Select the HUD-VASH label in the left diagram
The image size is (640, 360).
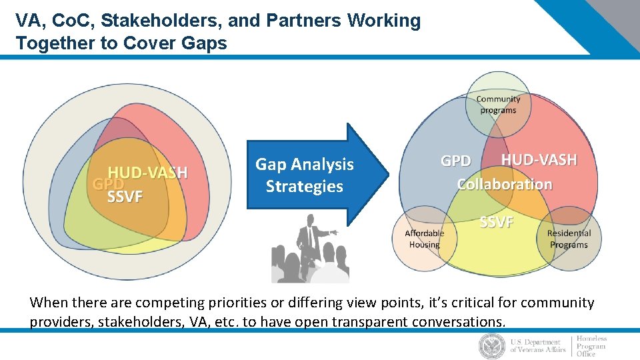tap(148, 173)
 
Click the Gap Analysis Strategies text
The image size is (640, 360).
tap(304, 175)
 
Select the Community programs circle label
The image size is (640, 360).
tap(498, 105)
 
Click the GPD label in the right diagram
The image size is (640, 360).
tap(456, 161)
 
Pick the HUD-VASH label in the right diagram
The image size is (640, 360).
tap(539, 160)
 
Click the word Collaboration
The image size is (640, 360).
tap(505, 184)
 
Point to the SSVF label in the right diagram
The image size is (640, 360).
tap(496, 222)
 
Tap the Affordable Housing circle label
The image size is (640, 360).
tap(425, 239)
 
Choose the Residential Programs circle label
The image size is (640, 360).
tap(569, 239)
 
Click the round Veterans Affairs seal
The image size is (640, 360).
tap(492, 346)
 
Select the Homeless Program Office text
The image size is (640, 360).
tap(591, 346)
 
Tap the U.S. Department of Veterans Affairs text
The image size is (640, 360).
tap(537, 346)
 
